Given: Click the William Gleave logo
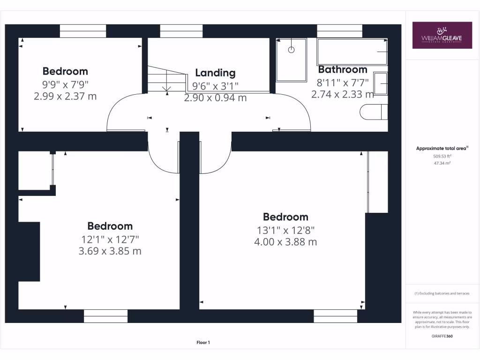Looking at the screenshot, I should (442, 35).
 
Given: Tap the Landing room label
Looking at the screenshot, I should (215, 73).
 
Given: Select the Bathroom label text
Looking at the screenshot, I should (343, 69).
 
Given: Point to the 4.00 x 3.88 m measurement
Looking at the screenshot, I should (285, 242).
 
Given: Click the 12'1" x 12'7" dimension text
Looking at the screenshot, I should (110, 239).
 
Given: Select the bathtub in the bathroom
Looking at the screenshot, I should (352, 52).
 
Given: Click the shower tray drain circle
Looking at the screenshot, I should (291, 49).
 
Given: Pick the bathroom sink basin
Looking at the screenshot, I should (381, 83).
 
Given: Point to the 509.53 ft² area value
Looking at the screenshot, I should (442, 157).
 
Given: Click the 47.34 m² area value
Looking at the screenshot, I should (442, 163).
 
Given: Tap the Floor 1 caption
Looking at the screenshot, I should (202, 343).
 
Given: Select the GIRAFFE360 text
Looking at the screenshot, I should (442, 336).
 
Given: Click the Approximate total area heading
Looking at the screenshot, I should (442, 149).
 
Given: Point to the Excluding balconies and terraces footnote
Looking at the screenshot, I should (442, 293).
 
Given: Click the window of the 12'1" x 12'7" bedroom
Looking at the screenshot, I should (105, 316).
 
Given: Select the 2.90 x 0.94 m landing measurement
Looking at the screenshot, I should (215, 98).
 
